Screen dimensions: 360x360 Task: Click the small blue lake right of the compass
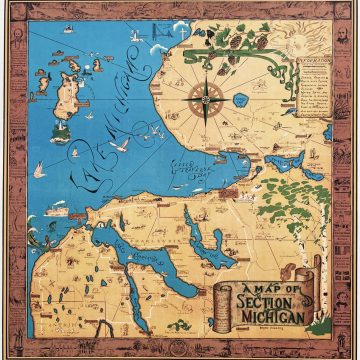pyautogui.click(x=240, y=102)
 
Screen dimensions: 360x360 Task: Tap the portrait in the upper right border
pyautogui.click(x=345, y=14)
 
